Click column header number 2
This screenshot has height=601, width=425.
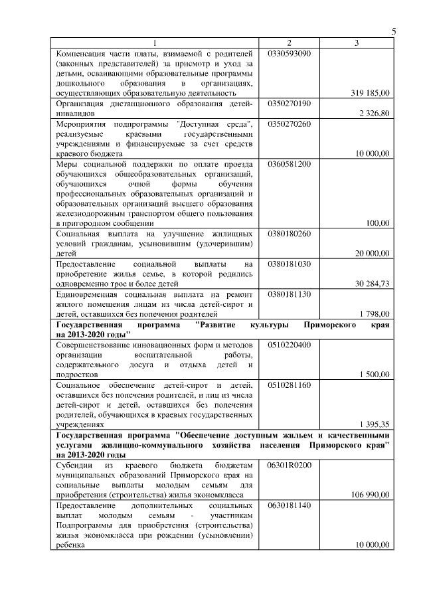[x=289, y=43]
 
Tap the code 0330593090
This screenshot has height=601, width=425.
[x=289, y=53]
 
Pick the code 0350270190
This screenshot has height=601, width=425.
[x=289, y=104]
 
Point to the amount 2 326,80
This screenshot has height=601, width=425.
[x=375, y=114]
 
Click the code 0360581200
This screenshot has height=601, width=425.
[x=289, y=164]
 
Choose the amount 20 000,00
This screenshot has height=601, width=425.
[x=372, y=253]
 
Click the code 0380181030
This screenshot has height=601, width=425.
[x=289, y=264]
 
